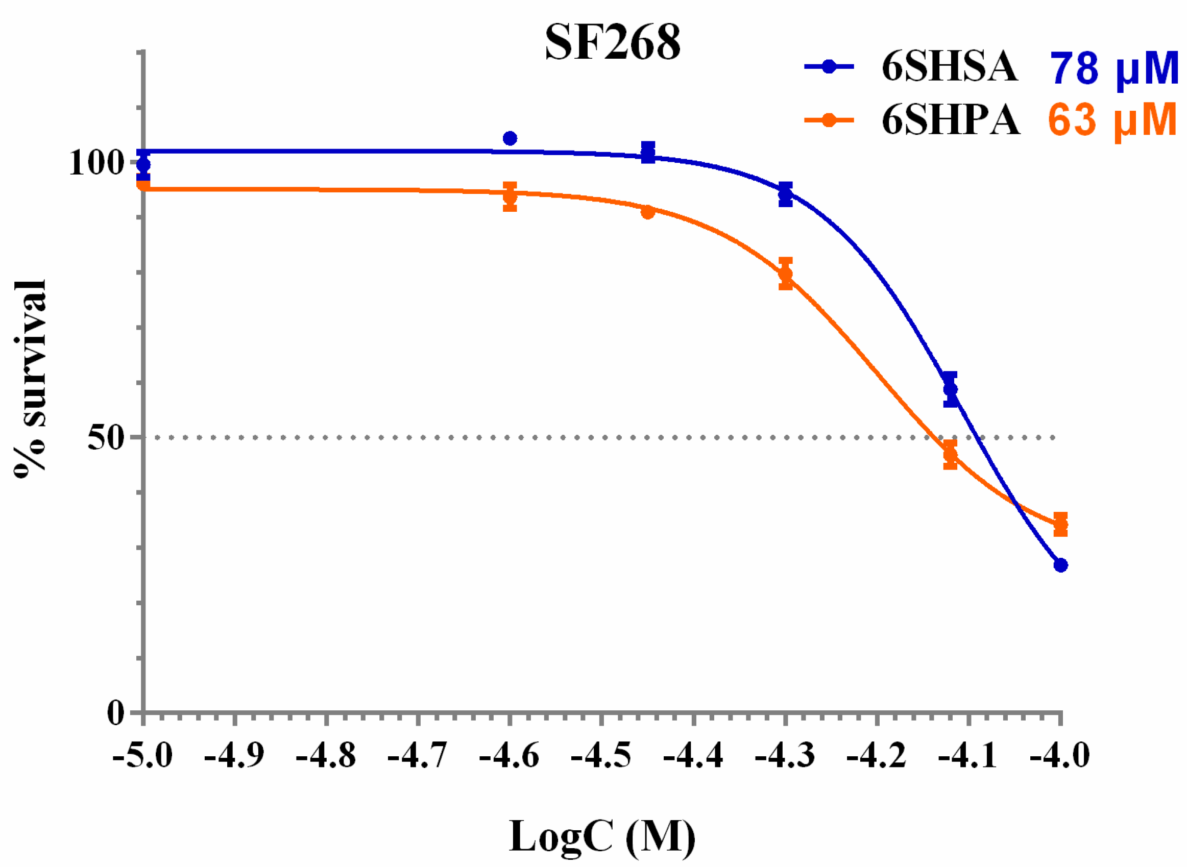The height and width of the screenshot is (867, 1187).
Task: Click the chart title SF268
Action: [x=613, y=43]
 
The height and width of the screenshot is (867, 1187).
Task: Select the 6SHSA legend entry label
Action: [x=949, y=67]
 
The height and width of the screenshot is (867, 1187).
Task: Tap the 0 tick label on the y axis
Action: [x=116, y=713]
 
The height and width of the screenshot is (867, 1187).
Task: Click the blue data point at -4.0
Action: [x=1060, y=565]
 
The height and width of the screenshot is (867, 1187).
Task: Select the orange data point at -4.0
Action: [x=1060, y=524]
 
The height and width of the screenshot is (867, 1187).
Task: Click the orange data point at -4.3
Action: [x=785, y=274]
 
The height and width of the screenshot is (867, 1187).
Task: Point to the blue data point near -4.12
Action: [x=950, y=389]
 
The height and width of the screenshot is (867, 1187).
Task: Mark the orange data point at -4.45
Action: [x=648, y=212]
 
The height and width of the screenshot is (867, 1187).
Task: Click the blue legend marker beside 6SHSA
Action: [x=829, y=67]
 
